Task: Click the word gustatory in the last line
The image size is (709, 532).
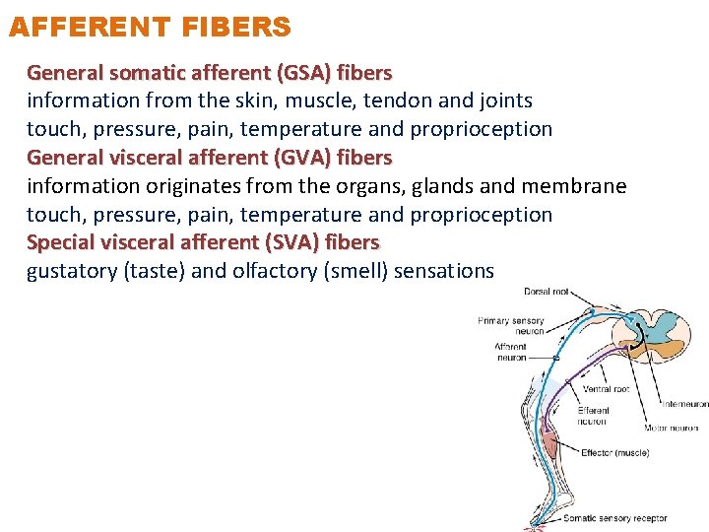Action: click(72, 272)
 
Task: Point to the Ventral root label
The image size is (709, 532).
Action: click(606, 389)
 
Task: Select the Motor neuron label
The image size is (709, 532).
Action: click(673, 429)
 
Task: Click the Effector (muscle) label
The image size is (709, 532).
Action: click(614, 453)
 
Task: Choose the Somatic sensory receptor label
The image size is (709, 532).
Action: click(614, 518)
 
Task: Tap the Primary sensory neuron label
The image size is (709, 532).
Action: click(510, 326)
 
